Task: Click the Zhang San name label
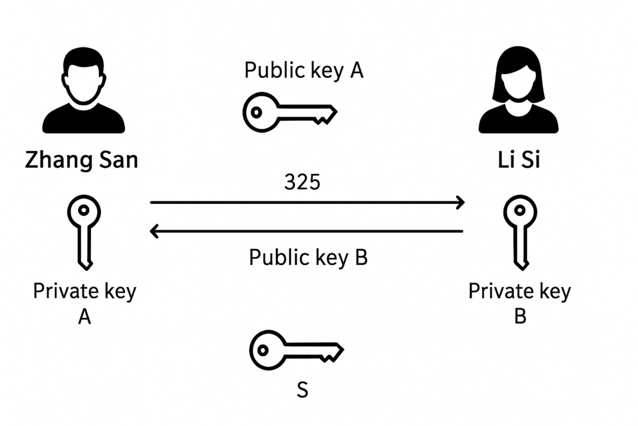82,160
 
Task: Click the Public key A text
303,70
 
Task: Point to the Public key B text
308,257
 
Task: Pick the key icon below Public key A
289,113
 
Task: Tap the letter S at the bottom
302,390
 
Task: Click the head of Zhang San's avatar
83,78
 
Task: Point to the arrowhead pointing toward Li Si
460,202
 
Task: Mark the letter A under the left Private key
84,317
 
